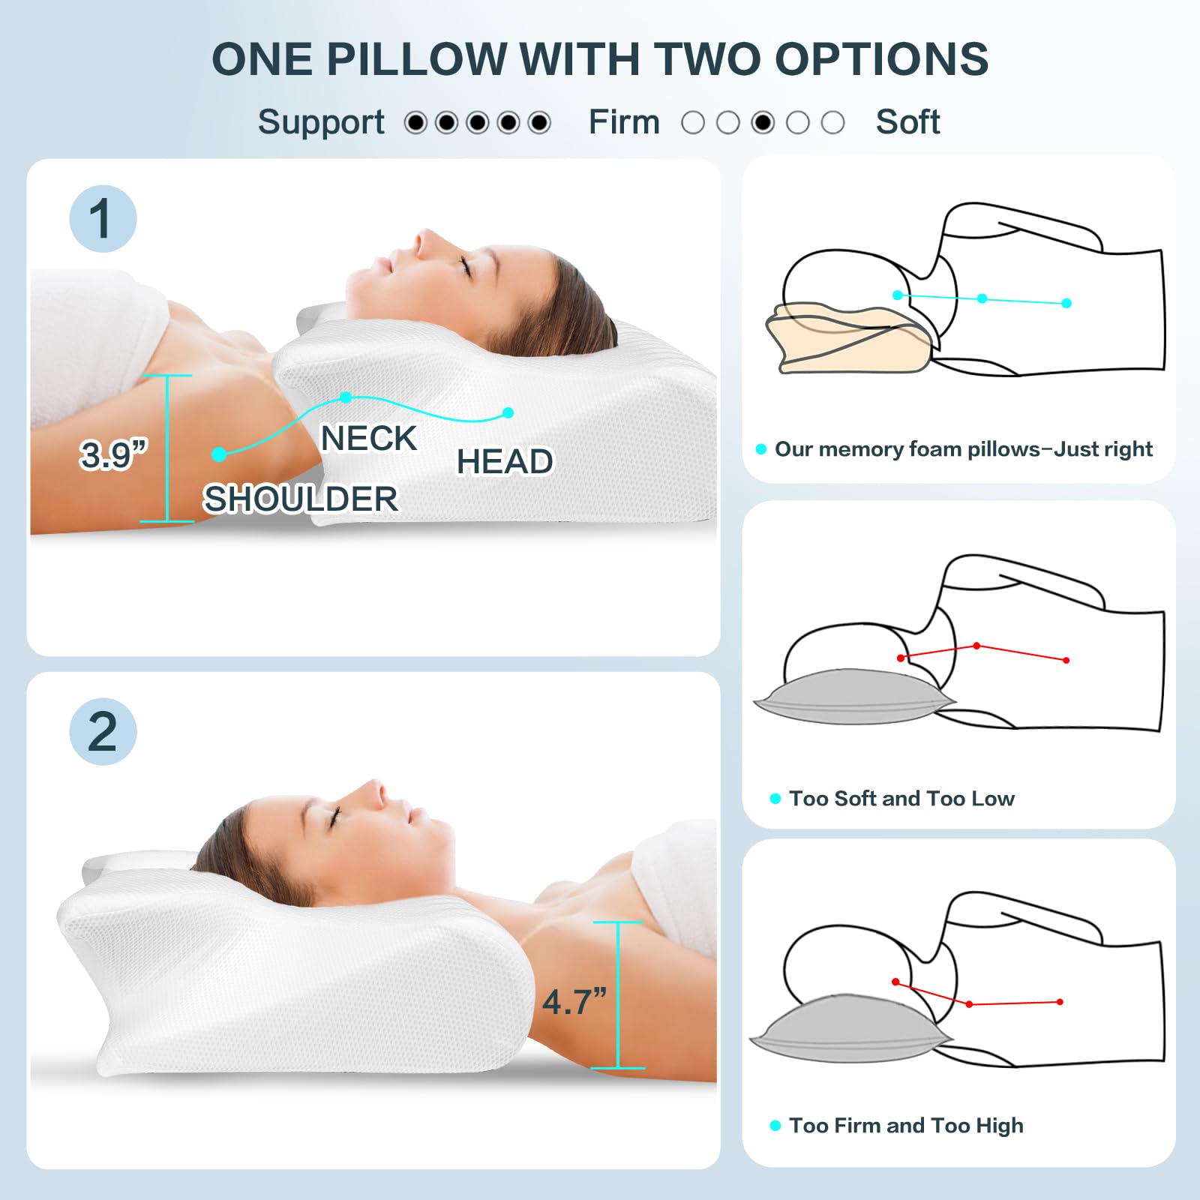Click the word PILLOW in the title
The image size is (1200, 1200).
coord(416,59)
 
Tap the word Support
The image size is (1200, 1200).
coord(321,122)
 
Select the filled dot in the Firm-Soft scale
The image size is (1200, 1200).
coord(763,122)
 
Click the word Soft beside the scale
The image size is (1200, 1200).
coord(907,122)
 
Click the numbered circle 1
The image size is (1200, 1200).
coord(103,219)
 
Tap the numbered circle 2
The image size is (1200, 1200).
coord(103,732)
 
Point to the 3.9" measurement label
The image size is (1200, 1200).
coord(113,454)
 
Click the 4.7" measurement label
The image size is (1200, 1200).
coord(574,1002)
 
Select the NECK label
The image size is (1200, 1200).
coord(368,439)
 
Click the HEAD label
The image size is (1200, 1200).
coord(505,462)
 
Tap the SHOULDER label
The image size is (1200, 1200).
coord(301,499)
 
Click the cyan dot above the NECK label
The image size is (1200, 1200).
coord(346,397)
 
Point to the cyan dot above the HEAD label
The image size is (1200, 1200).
coord(508,412)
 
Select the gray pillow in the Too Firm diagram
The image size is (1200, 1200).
coord(847,1029)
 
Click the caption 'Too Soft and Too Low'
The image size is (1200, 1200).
coord(901,799)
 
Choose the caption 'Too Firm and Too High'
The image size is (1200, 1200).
coord(906,1126)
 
